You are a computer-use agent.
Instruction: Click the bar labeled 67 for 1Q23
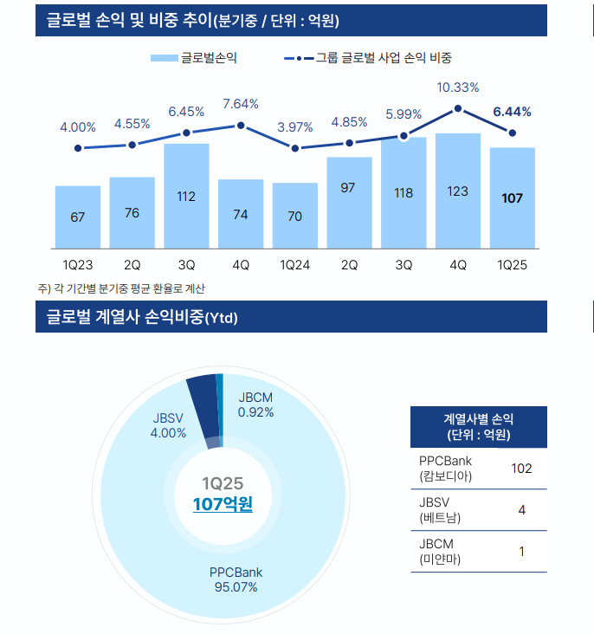coord(78,217)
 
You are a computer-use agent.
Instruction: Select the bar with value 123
coord(458,191)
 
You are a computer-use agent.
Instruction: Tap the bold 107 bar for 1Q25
coord(512,198)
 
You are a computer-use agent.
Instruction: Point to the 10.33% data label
coord(458,87)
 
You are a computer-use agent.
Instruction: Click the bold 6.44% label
coord(512,112)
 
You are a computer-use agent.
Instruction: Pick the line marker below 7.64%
coord(241,126)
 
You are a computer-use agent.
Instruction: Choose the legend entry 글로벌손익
coord(194,58)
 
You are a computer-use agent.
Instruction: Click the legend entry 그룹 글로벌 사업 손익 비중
coord(368,58)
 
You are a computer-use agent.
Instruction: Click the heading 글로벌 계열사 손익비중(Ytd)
coord(142,317)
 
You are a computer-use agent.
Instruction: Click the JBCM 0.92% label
coord(255,404)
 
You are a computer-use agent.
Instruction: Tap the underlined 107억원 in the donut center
coord(223,503)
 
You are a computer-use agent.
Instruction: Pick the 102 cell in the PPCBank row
coord(520,469)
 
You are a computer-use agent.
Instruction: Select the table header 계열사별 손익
coord(478,426)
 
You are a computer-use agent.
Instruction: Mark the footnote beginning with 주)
coord(121,288)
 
